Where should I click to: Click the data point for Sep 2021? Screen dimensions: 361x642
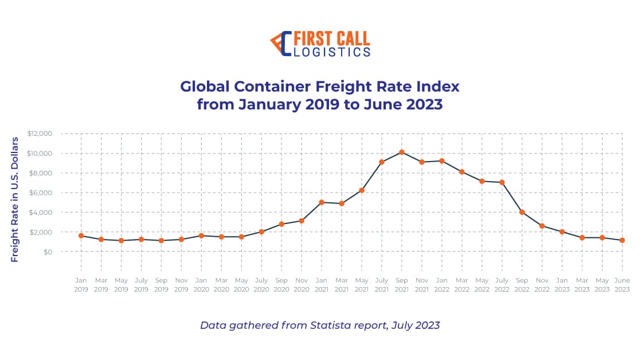click(402, 152)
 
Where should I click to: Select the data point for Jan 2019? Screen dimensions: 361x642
click(81, 236)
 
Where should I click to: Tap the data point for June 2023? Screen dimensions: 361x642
click(622, 240)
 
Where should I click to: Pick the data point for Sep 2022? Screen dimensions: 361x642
click(522, 212)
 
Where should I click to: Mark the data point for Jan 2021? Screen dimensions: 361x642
click(322, 202)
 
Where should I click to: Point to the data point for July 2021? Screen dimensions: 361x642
click(382, 162)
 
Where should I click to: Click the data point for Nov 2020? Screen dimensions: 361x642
click(302, 221)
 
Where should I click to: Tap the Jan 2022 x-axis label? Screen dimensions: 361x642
click(442, 285)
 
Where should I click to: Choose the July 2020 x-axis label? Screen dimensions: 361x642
click(261, 285)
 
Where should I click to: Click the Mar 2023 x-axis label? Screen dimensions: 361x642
click(582, 285)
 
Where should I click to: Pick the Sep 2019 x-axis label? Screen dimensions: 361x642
click(161, 285)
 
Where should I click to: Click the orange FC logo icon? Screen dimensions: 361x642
click(281, 44)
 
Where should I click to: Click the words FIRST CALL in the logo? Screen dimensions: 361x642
click(331, 38)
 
